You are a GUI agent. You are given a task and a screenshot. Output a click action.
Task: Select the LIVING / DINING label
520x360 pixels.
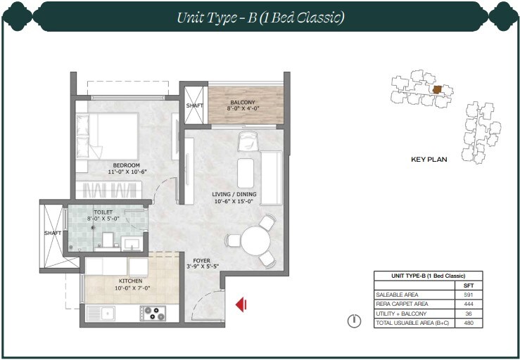pyautogui.click(x=234, y=194)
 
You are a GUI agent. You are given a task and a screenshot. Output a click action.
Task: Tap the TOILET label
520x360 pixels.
pyautogui.click(x=103, y=211)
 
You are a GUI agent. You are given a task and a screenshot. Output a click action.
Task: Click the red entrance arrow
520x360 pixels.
pyautogui.click(x=240, y=304)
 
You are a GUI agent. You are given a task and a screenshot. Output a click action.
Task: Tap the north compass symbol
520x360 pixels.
pyautogui.click(x=355, y=323)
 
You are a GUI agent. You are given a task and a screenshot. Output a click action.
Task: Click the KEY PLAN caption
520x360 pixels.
pyautogui.click(x=429, y=160)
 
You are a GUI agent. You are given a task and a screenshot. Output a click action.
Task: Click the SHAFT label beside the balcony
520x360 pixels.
pyautogui.click(x=194, y=106)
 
